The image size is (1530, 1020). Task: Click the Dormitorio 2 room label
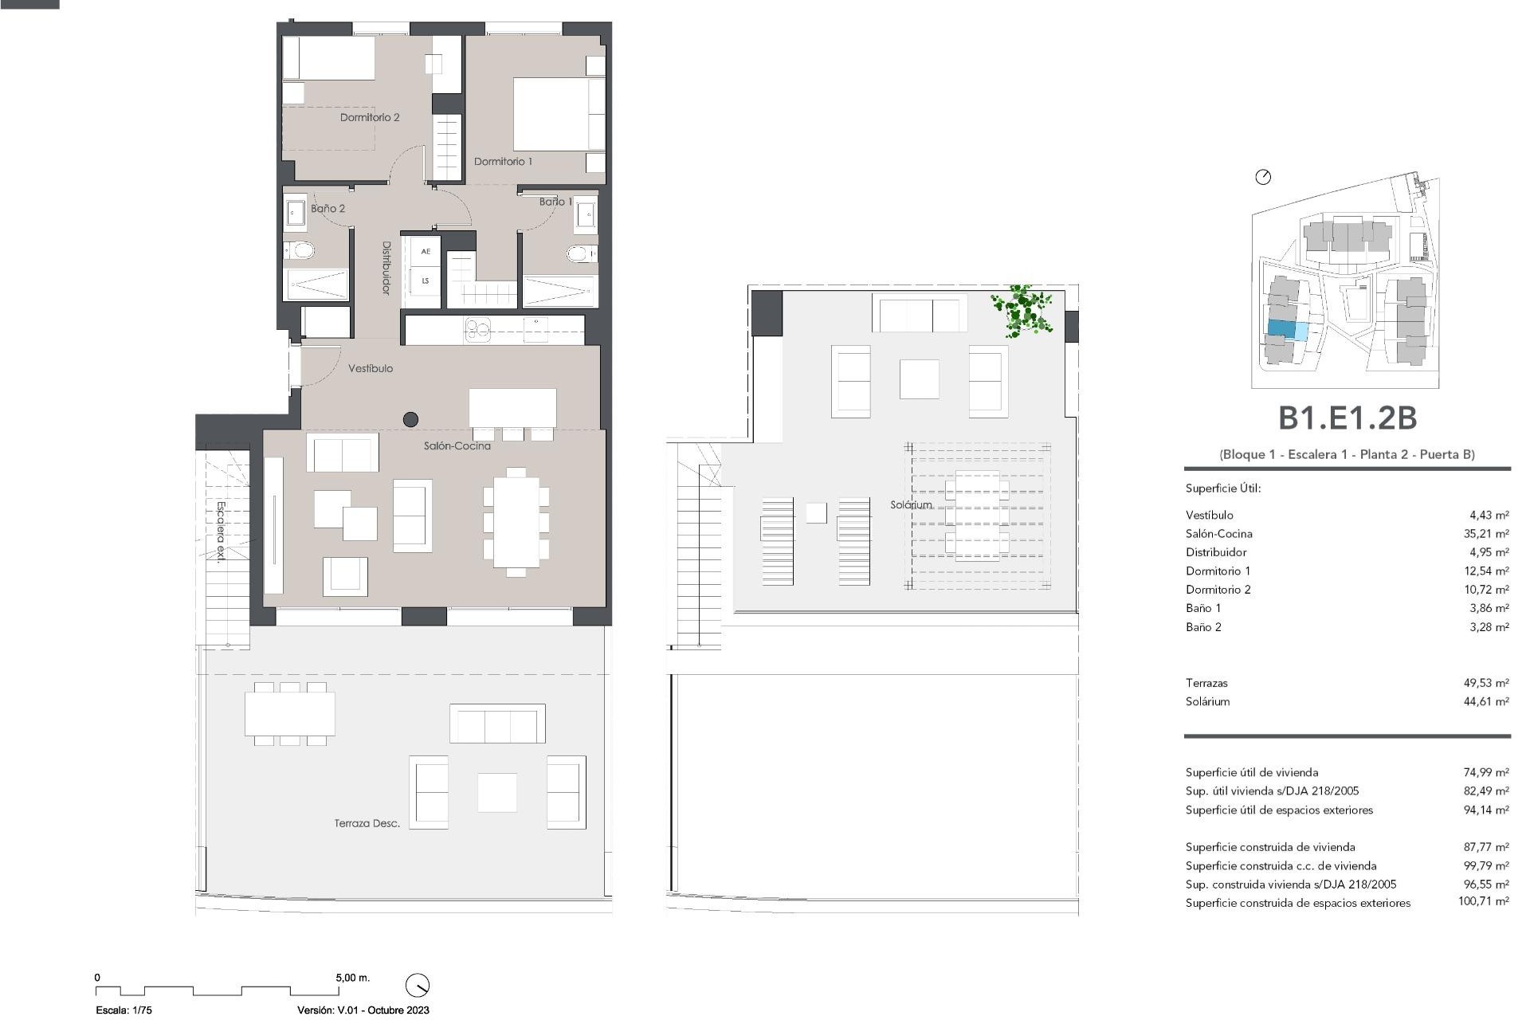(370, 118)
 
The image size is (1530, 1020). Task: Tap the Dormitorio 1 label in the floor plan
(503, 162)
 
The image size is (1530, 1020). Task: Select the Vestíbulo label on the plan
(371, 369)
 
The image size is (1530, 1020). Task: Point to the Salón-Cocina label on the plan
(457, 446)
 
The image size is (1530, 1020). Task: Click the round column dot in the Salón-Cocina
(411, 419)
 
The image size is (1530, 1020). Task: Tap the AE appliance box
(426, 252)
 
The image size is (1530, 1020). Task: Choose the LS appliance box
(426, 280)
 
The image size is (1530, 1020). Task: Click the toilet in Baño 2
(301, 251)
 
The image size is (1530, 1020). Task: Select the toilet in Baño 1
(579, 254)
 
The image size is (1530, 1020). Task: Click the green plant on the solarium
(1022, 311)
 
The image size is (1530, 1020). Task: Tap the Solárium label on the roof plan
(911, 505)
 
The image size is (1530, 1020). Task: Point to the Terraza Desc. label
(367, 823)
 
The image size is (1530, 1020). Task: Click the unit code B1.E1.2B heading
(1347, 418)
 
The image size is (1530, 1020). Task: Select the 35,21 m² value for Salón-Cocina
(1486, 534)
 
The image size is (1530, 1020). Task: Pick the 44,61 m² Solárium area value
(1486, 702)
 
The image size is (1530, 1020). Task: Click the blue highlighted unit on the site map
(1281, 329)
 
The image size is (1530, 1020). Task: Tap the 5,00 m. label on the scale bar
(352, 978)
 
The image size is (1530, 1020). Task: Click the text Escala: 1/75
(124, 1010)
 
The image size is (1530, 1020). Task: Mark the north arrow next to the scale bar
(418, 985)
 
